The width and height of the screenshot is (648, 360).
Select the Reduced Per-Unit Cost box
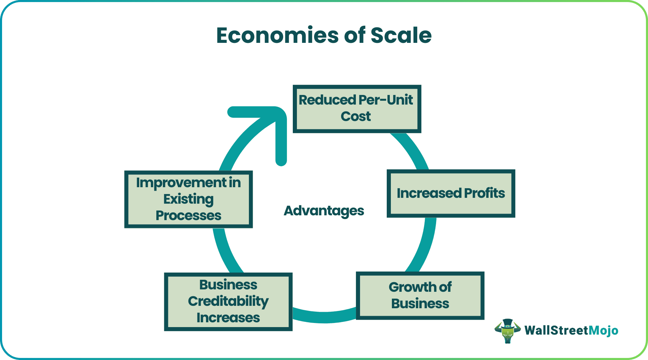pyautogui.click(x=357, y=109)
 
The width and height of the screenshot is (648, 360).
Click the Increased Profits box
pyautogui.click(x=451, y=193)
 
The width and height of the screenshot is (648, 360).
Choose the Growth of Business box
pyautogui.click(x=420, y=296)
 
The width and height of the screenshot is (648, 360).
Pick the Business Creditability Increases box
pyautogui.click(x=228, y=301)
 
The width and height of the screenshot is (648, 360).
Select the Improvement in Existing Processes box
pyautogui.click(x=188, y=199)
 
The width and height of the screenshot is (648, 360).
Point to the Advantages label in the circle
pyautogui.click(x=324, y=211)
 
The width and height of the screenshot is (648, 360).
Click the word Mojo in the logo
pyautogui.click(x=603, y=331)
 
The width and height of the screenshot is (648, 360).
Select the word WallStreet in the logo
pyautogui.click(x=556, y=331)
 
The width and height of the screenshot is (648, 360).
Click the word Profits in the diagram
pyautogui.click(x=484, y=193)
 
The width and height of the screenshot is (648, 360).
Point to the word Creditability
pyautogui.click(x=228, y=301)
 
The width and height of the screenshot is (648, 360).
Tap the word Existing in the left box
pyautogui.click(x=188, y=199)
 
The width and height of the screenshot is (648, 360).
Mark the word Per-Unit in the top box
pyautogui.click(x=385, y=100)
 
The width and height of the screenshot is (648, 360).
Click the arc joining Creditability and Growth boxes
pyautogui.click(x=324, y=317)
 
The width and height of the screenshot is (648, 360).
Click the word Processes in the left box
pyautogui.click(x=188, y=216)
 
